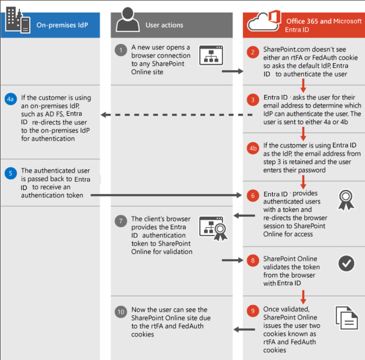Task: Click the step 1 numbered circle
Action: (x=121, y=50)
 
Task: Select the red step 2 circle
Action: (x=253, y=51)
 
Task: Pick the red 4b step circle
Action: (x=253, y=148)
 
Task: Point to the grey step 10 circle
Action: (x=121, y=312)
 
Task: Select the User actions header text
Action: (x=164, y=25)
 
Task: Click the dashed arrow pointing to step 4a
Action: (x=177, y=115)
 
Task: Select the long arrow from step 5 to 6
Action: (x=165, y=195)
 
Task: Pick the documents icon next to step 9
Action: (x=345, y=317)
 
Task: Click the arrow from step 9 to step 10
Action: (x=244, y=329)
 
